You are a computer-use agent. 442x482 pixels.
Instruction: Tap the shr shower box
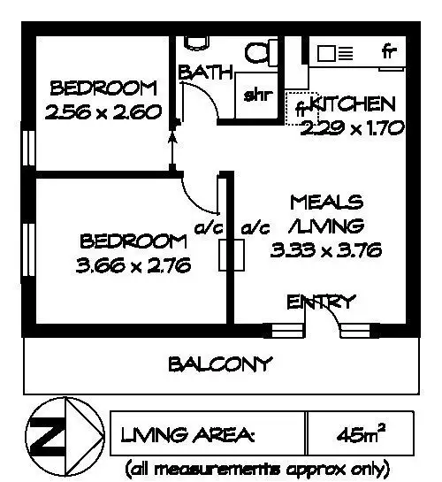point(259,95)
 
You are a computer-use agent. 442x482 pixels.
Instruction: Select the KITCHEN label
point(354,103)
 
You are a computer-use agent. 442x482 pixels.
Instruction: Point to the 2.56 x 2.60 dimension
point(105,112)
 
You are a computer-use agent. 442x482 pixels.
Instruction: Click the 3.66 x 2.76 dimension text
point(133,264)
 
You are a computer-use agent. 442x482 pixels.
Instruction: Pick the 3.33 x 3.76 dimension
point(326,249)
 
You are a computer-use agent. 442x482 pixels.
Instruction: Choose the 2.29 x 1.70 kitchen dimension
point(352,127)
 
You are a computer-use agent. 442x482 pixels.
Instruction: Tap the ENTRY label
point(322,302)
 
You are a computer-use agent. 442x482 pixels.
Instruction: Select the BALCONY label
point(220,363)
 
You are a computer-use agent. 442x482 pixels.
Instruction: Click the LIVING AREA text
point(188,436)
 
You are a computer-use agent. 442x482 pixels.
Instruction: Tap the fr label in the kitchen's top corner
point(390,51)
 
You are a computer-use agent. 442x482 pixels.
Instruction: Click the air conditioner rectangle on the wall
point(234,254)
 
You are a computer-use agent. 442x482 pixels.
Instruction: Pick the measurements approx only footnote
point(257,467)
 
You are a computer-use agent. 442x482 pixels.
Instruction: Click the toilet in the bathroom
point(260,52)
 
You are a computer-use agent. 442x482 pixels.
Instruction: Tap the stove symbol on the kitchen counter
point(336,53)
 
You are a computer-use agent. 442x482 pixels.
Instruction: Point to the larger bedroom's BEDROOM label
point(133,241)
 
